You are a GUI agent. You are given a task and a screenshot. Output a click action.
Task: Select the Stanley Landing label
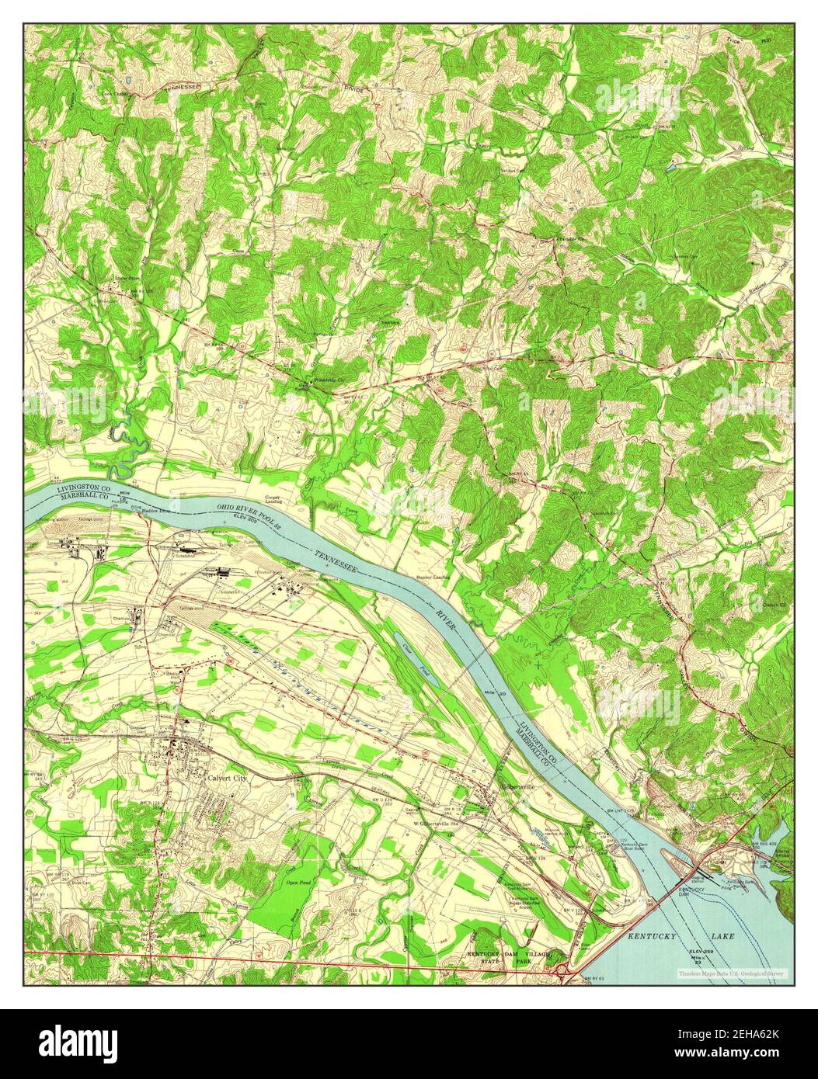coord(433,578)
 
